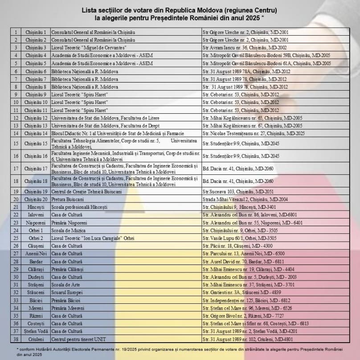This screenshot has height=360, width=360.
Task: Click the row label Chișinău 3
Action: pyautogui.click(x=36, y=48)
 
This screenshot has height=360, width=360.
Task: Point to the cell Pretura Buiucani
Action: pyautogui.click(x=68, y=199)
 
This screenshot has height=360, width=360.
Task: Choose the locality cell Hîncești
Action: pyautogui.click(x=36, y=207)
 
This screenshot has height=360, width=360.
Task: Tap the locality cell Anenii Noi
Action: pyautogui.click(x=36, y=253)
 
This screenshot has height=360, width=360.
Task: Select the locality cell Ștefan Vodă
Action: pyautogui.click(x=36, y=331)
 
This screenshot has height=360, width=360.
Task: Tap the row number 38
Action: pyautogui.click(x=16, y=339)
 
